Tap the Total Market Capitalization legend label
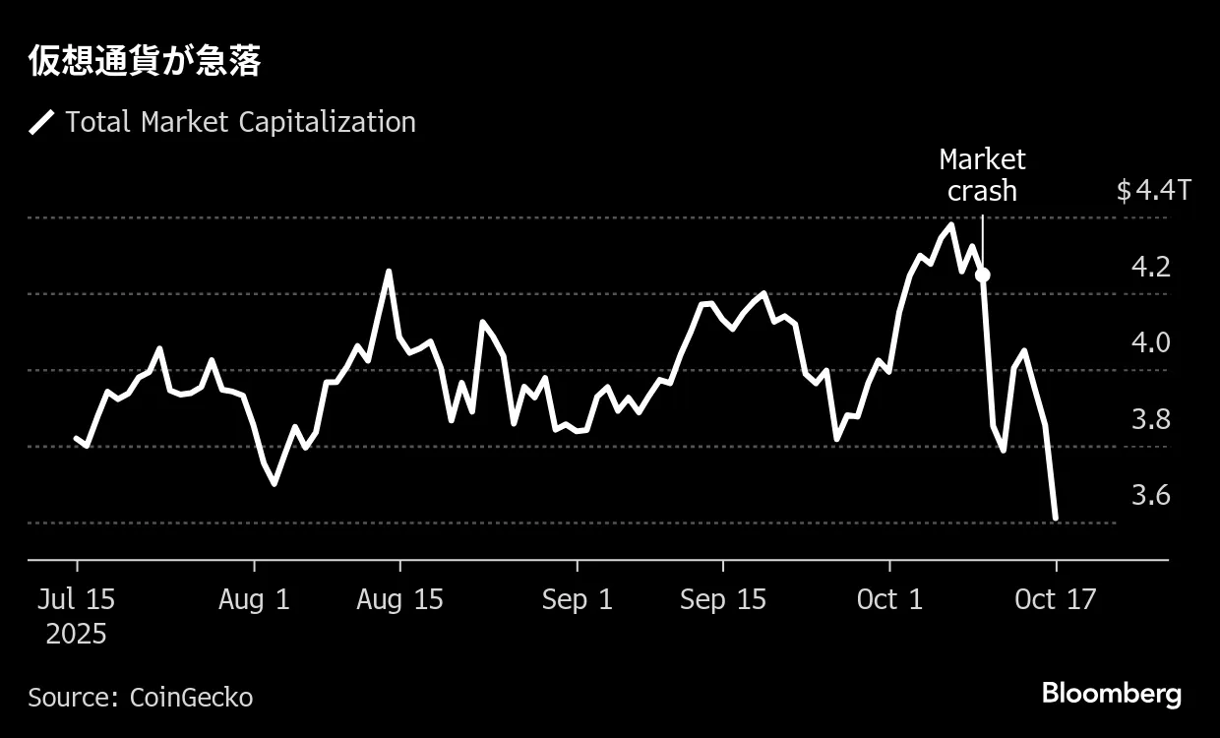[x=240, y=122]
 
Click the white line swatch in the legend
[x=41, y=123]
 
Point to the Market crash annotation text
[x=982, y=174]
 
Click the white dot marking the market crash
[x=982, y=275]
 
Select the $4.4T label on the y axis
[x=1153, y=190]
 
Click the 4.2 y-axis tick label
[x=1151, y=267]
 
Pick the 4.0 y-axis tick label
[x=1151, y=342]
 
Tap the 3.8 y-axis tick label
[x=1151, y=419]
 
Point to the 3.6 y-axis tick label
[x=1151, y=495]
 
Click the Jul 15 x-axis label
[x=77, y=599]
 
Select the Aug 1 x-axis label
[x=255, y=599]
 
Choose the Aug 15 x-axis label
[x=400, y=599]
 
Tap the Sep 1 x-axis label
[x=577, y=599]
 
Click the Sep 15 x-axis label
[x=722, y=599]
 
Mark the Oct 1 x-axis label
[x=889, y=599]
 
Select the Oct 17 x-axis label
[x=1056, y=599]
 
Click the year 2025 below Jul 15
[x=77, y=634]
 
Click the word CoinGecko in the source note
[x=191, y=698]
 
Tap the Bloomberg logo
[x=1111, y=694]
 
